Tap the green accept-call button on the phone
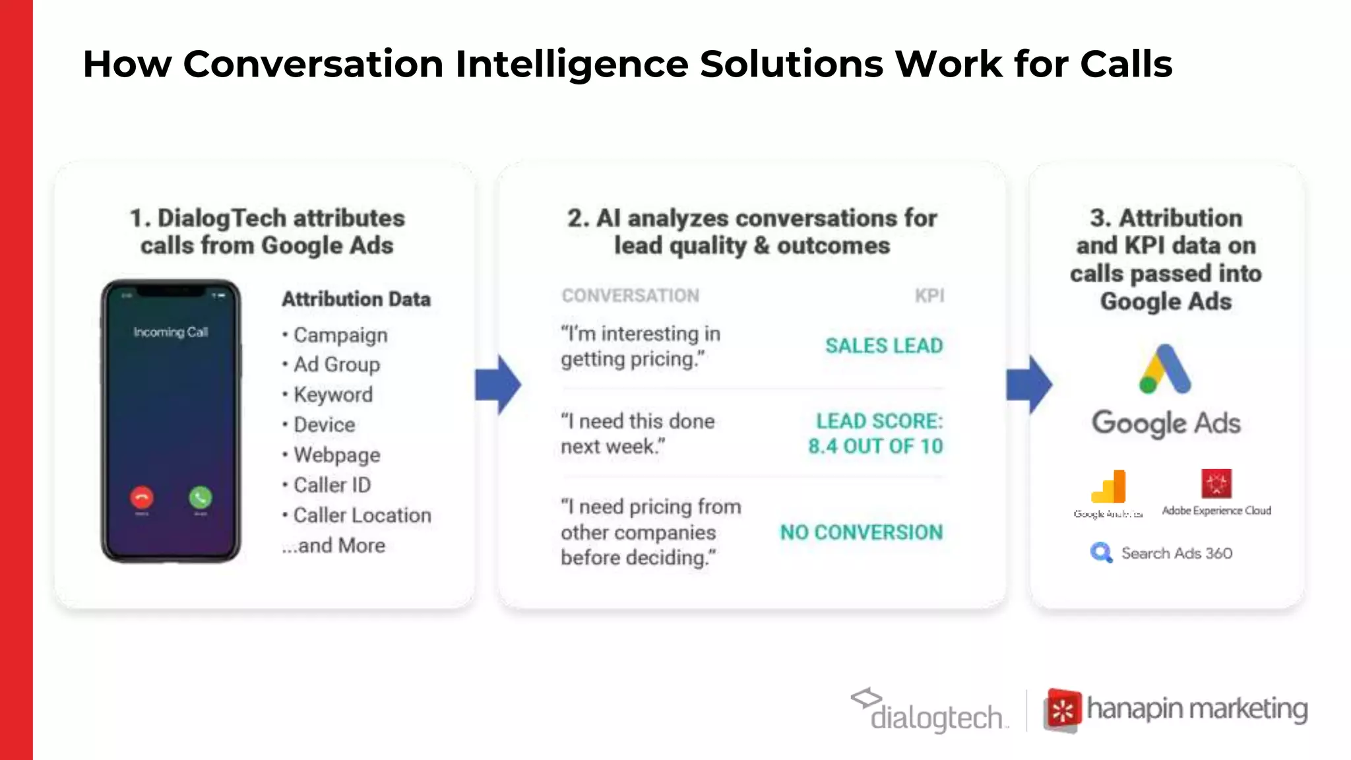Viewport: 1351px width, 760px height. coord(201,497)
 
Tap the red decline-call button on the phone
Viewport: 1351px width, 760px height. coord(142,497)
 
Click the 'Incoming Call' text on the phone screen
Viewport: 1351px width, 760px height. coord(171,332)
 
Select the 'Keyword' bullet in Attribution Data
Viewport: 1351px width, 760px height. coord(332,395)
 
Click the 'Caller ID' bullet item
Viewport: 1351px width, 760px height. coord(332,485)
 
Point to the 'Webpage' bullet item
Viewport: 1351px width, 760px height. coord(336,455)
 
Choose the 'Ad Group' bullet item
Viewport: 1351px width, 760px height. coord(336,364)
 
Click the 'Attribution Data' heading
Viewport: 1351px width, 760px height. coord(356,299)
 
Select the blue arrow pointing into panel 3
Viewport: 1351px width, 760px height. coord(1029,385)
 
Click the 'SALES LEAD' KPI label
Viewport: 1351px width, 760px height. coord(884,346)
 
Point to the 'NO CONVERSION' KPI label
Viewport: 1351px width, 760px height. coord(862,532)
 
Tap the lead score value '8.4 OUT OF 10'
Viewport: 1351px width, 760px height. coord(875,447)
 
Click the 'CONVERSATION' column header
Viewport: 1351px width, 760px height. coord(630,296)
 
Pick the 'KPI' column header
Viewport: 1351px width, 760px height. coord(929,296)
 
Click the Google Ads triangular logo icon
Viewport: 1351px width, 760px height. coord(1165,369)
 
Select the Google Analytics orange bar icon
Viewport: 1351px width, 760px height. coord(1110,487)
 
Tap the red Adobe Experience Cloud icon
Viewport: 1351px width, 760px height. coord(1216,484)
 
